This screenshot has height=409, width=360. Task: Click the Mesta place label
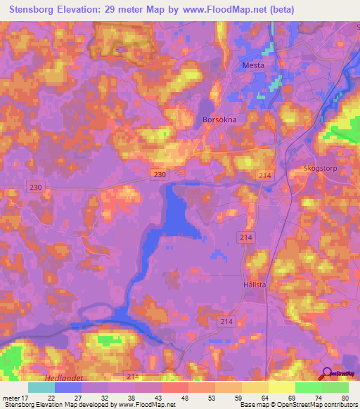click(x=253, y=65)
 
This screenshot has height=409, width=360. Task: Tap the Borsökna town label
click(x=219, y=119)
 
